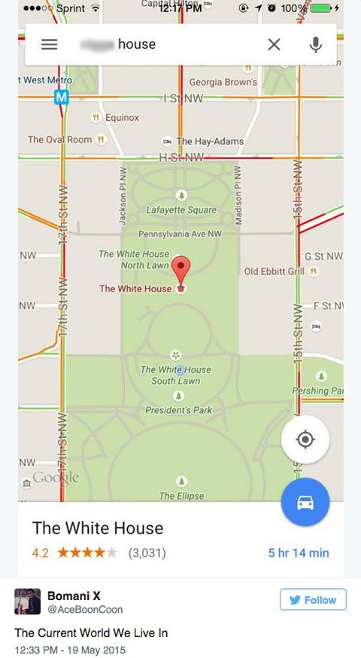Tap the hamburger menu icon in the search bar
(49, 44)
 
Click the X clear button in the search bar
(274, 44)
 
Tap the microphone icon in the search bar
(315, 44)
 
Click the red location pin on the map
(180, 270)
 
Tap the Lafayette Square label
(180, 210)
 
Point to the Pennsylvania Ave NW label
(180, 234)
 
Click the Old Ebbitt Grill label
(274, 271)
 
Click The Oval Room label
(59, 140)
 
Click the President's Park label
(178, 410)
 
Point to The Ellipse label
(181, 496)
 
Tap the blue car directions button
(305, 503)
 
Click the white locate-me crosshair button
(305, 439)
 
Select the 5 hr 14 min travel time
(299, 553)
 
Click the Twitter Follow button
(313, 600)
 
